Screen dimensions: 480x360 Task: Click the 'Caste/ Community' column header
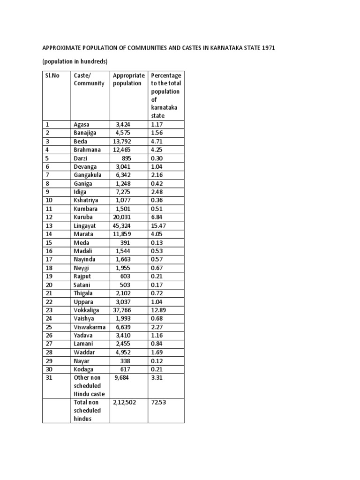pyautogui.click(x=89, y=79)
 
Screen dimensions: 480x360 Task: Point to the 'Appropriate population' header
pyautogui.click(x=128, y=79)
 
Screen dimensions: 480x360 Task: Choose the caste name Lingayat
pyautogui.click(x=84, y=225)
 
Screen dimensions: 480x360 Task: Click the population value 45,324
pyautogui.click(x=123, y=225)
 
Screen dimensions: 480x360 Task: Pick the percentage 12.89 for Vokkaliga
pyautogui.click(x=160, y=310)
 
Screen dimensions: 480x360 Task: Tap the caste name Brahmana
pyautogui.click(x=87, y=150)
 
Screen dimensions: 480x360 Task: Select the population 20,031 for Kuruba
pyautogui.click(x=123, y=217)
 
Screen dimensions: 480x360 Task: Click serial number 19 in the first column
pyautogui.click(x=49, y=276)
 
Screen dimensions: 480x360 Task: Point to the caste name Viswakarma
pyautogui.click(x=90, y=327)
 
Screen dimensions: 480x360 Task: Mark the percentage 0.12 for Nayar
pyautogui.click(x=157, y=360)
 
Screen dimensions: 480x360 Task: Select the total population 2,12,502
pyautogui.click(x=125, y=402)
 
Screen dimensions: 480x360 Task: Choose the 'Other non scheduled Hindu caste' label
pyautogui.click(x=90, y=386)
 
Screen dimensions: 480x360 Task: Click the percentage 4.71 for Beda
pyautogui.click(x=157, y=141)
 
